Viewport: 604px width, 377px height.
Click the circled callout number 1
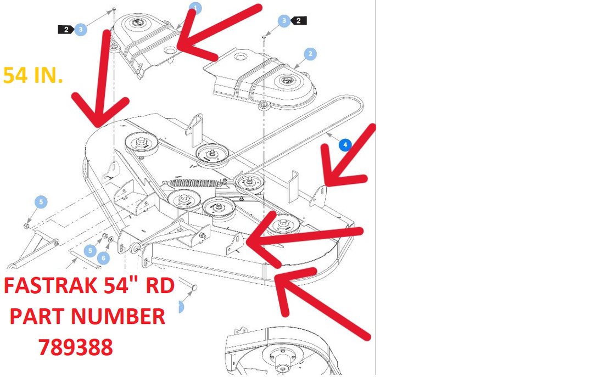[195, 8]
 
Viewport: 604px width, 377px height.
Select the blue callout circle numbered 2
[310, 54]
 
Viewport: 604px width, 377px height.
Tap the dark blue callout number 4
[345, 145]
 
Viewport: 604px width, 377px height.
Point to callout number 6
[103, 258]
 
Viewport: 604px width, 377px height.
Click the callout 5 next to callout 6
[90, 251]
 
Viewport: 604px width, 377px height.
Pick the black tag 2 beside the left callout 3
[66, 29]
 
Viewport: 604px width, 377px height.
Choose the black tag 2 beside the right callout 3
[299, 21]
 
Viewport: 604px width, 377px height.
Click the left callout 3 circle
[81, 29]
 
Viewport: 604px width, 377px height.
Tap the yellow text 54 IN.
[33, 76]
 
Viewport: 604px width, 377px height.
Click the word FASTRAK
[51, 286]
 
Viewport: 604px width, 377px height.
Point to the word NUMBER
[118, 317]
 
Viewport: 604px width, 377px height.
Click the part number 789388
[76, 347]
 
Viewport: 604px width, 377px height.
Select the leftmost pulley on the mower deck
[139, 144]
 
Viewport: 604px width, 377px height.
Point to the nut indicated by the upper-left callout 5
[27, 226]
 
